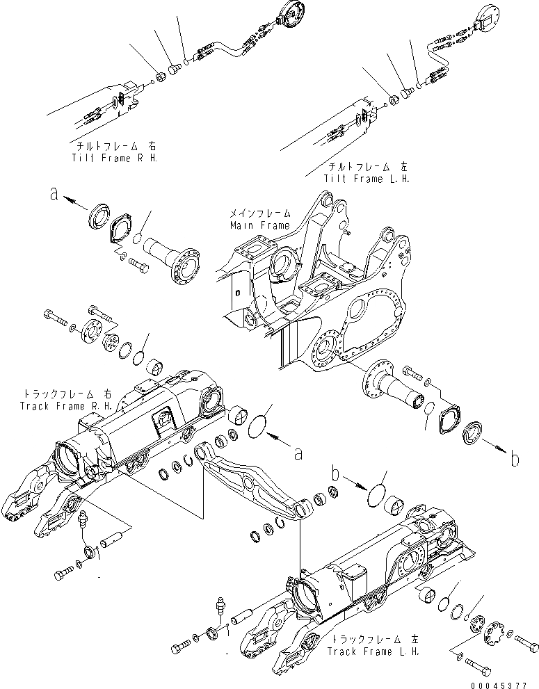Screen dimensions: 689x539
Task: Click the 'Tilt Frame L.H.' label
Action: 368,179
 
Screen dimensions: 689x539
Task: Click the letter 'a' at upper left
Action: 53,195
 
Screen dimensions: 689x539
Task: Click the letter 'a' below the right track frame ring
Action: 298,453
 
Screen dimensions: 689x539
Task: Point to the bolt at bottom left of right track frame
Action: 63,574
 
